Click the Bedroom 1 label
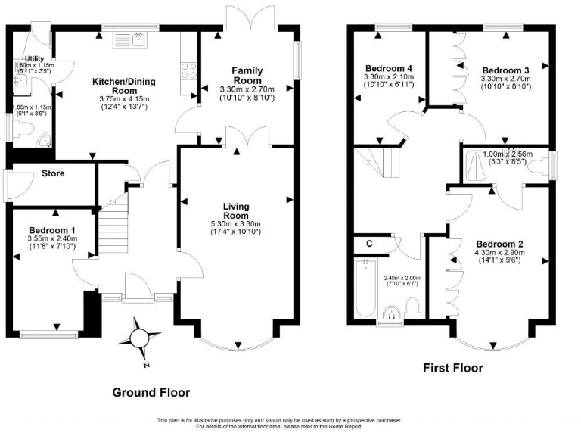(x=52, y=230)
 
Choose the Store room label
(x=52, y=173)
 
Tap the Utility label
(x=34, y=58)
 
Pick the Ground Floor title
(x=151, y=393)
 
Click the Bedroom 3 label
(x=506, y=70)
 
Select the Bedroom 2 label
(x=499, y=244)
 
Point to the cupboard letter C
(x=368, y=244)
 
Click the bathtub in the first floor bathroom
(x=365, y=291)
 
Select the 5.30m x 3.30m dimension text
(x=235, y=223)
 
